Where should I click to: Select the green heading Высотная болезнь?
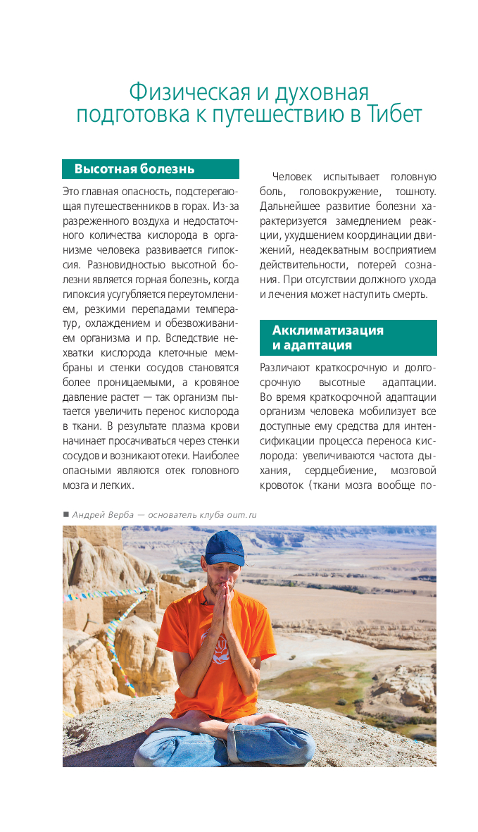tap(134, 169)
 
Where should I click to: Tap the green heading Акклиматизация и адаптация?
tap(328, 337)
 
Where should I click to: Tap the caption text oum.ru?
tap(241, 514)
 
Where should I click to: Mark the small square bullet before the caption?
tap(65, 514)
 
